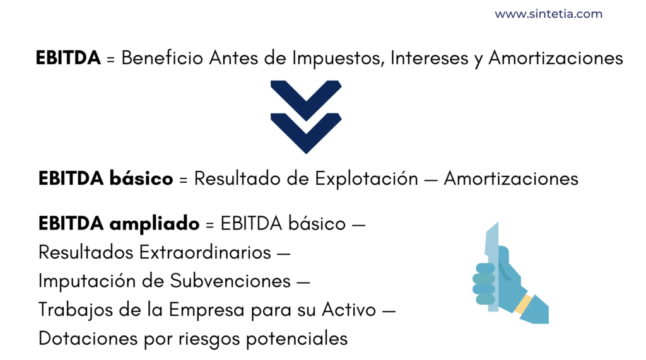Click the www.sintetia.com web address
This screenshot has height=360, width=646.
pyautogui.click(x=548, y=14)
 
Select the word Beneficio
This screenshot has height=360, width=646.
pyautogui.click(x=162, y=57)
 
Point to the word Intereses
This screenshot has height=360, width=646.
pyautogui.click(x=429, y=57)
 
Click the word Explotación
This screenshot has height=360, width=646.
pyautogui.click(x=367, y=179)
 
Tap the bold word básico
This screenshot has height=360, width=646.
pyautogui.click(x=141, y=179)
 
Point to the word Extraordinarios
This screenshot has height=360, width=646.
pyautogui.click(x=205, y=252)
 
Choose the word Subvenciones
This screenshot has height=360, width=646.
pyautogui.click(x=230, y=281)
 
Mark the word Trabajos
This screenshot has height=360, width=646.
pyautogui.click(x=76, y=310)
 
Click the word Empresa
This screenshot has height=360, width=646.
pyautogui.click(x=207, y=310)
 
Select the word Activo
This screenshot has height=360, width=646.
pyautogui.click(x=349, y=310)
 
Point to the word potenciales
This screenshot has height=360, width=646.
pyautogui.click(x=297, y=339)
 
